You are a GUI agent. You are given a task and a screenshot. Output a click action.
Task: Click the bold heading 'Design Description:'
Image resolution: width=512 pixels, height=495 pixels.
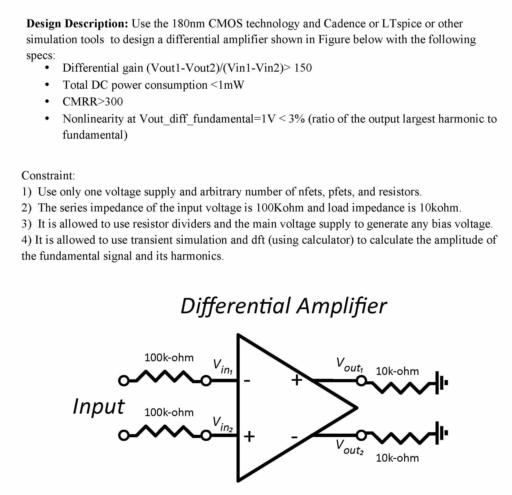point(77,24)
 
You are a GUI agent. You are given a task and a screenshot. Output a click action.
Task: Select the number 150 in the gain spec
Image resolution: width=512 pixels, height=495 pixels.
point(303,68)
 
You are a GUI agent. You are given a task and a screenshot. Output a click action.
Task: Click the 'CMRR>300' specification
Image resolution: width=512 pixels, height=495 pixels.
point(93,102)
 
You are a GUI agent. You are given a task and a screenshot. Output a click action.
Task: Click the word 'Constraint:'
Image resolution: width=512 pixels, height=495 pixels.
point(48,175)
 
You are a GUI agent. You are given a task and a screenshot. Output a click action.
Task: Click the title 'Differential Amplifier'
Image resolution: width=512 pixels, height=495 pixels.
point(284,306)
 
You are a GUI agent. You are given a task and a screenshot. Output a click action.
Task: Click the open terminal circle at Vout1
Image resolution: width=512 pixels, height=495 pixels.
point(361,381)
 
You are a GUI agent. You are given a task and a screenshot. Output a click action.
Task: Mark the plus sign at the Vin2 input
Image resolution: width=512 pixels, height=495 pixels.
point(249,436)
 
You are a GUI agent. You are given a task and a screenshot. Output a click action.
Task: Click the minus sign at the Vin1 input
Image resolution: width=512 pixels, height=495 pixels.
point(247,381)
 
